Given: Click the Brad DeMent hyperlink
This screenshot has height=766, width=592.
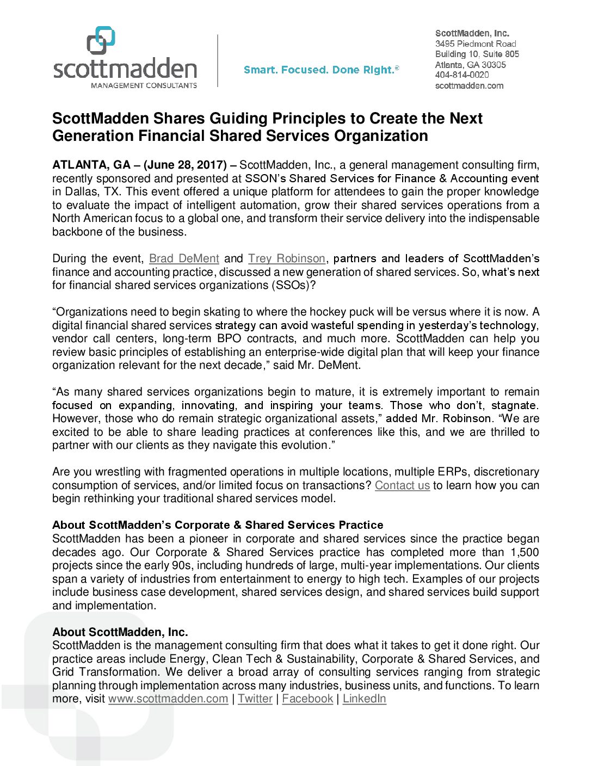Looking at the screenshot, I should click(x=184, y=258).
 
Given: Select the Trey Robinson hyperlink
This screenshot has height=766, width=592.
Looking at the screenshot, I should click(x=287, y=258).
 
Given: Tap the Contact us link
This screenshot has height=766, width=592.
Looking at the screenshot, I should click(x=402, y=485).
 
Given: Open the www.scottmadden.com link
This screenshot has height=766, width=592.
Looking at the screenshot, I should click(x=168, y=699).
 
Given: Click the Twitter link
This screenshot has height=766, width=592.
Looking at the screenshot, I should click(x=255, y=699).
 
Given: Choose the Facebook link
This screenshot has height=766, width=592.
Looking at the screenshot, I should click(x=307, y=699).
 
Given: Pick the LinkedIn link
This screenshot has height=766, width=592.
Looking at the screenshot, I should click(x=364, y=699).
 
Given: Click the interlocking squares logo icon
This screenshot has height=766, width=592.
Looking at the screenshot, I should click(x=101, y=40).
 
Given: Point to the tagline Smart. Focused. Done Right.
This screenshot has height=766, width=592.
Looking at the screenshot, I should click(x=321, y=70).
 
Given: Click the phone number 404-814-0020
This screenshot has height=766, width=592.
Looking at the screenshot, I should click(x=462, y=75).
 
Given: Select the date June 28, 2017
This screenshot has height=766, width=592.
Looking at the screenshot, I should click(x=185, y=165).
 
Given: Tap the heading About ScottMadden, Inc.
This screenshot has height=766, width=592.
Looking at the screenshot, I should click(x=120, y=632).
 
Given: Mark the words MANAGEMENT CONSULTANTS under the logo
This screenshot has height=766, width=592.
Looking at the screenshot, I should click(x=144, y=85).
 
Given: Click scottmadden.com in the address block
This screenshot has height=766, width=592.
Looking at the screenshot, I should click(x=469, y=85).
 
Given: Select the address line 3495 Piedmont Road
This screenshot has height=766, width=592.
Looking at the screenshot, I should click(x=476, y=44).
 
